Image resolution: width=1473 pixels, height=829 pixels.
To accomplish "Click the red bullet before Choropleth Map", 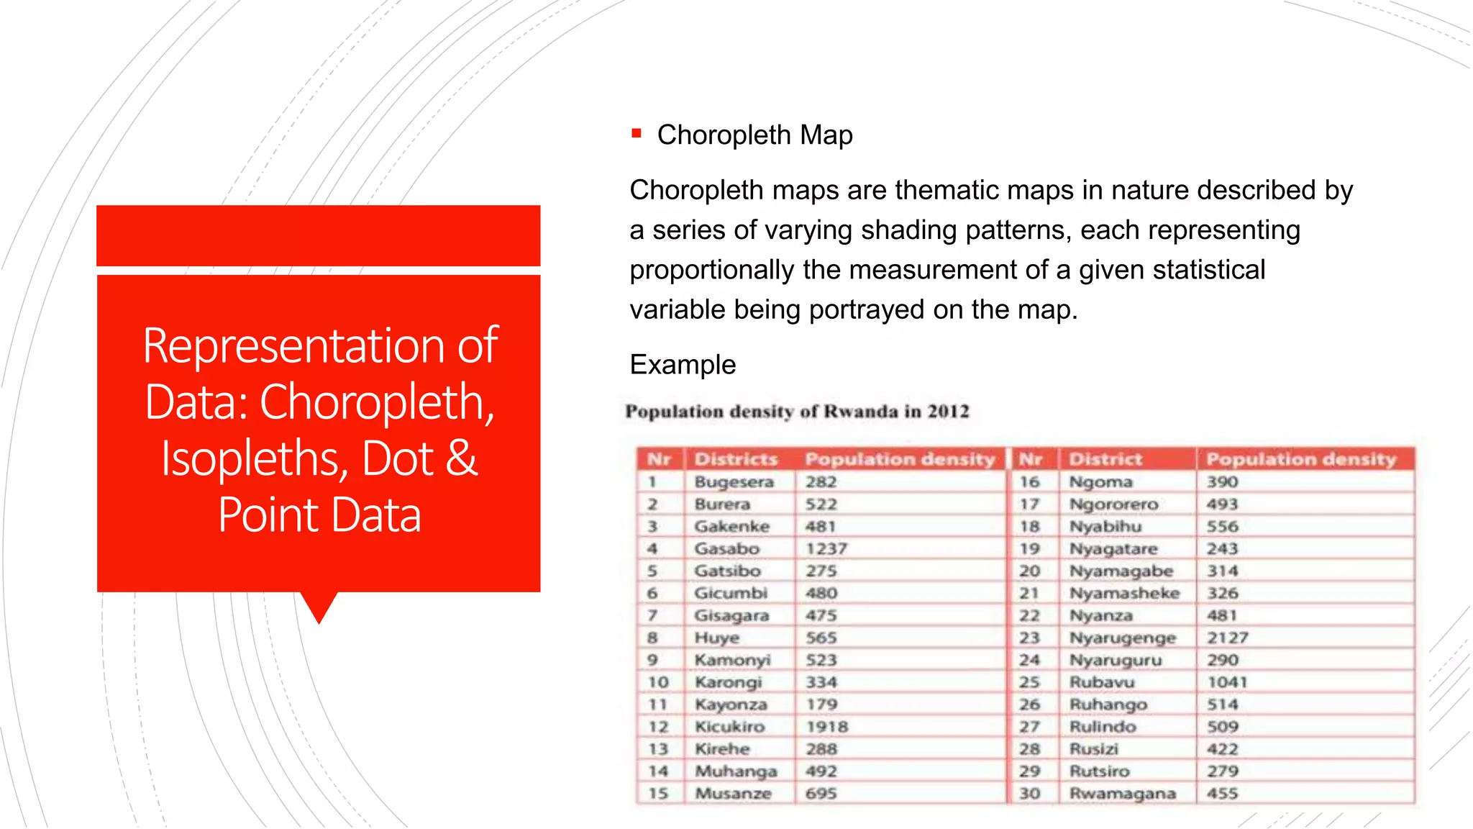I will click(636, 133).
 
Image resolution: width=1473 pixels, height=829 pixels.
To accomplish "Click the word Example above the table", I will click(683, 365).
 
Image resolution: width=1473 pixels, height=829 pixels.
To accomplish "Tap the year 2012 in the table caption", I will click(948, 412).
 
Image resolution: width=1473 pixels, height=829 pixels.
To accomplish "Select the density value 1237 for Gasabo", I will click(826, 549).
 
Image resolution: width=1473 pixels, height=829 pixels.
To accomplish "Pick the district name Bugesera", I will click(734, 482).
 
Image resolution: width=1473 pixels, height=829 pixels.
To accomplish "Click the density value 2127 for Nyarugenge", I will click(1228, 638).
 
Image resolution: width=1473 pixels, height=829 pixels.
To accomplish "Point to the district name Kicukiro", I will click(729, 727).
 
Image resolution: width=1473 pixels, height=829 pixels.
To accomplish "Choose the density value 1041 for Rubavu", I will click(1227, 682).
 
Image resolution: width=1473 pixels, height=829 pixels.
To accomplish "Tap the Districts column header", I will click(736, 459).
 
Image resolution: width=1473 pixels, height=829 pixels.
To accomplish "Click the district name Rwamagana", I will click(1122, 794).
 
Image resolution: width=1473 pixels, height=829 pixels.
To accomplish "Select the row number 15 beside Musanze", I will click(658, 794).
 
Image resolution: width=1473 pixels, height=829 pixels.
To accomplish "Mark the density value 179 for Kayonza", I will click(821, 705).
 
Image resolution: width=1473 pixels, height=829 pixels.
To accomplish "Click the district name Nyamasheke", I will click(1124, 594).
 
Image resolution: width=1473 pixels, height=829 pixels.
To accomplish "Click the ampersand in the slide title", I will click(461, 458).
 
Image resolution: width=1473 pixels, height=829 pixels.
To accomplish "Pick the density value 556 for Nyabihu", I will click(1223, 527).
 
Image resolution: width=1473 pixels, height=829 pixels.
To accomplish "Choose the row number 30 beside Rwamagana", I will click(1030, 794).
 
